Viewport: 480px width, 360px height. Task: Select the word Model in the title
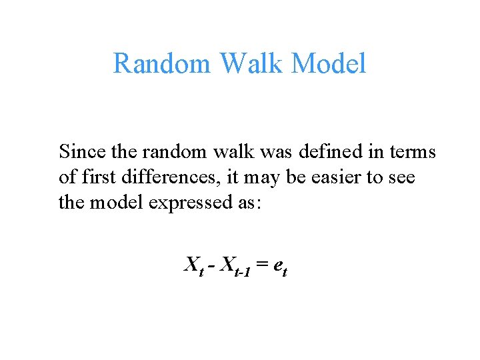point(329,64)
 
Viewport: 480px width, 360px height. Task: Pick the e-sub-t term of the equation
point(279,267)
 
